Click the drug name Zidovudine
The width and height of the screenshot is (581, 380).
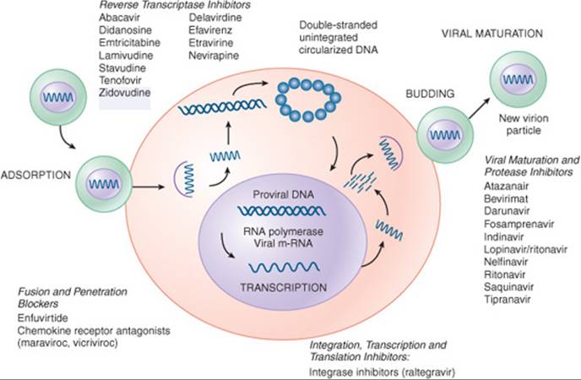[123, 90]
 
